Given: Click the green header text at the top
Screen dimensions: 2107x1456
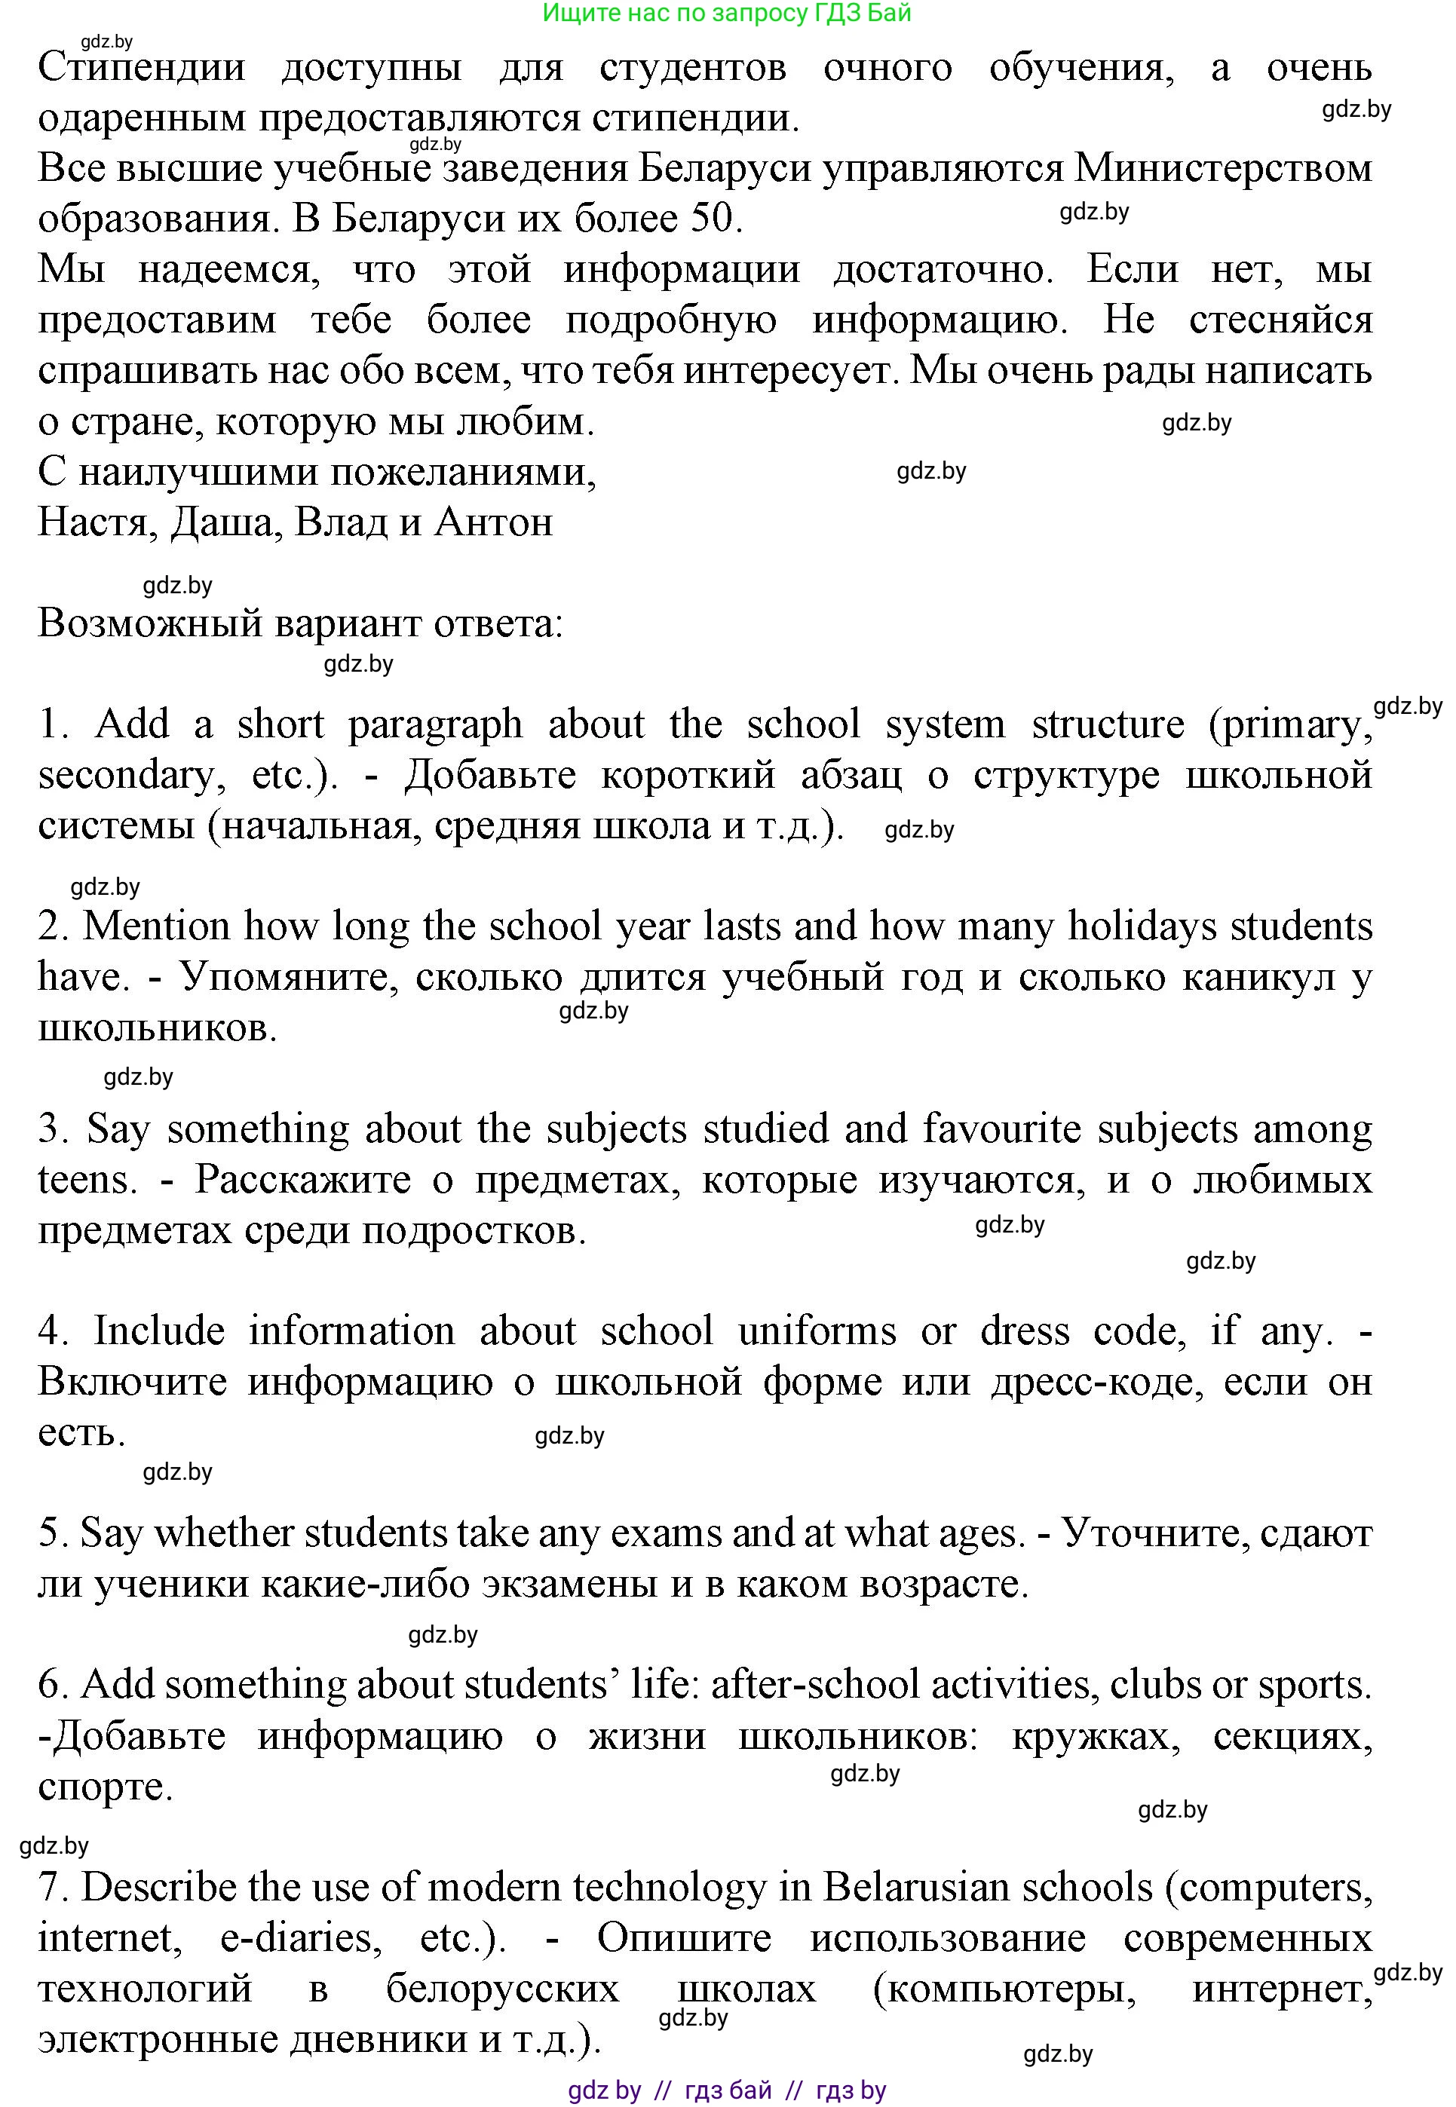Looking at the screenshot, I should tap(726, 13).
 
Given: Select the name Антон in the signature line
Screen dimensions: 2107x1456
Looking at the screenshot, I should tap(494, 522).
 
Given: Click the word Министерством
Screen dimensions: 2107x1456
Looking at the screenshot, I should tap(1223, 168).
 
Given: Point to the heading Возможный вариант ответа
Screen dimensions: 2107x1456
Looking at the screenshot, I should tap(300, 624).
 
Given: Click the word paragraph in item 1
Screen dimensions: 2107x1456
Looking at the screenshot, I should tap(435, 725).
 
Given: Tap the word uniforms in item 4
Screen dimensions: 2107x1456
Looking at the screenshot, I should tap(817, 1332).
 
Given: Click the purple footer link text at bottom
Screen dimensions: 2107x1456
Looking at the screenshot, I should tap(726, 2090).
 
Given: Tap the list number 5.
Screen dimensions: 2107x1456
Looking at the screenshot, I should tap(48, 1534).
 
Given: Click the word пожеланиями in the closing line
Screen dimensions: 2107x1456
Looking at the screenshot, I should tap(462, 473).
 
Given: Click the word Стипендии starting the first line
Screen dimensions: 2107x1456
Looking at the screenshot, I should tap(142, 68).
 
